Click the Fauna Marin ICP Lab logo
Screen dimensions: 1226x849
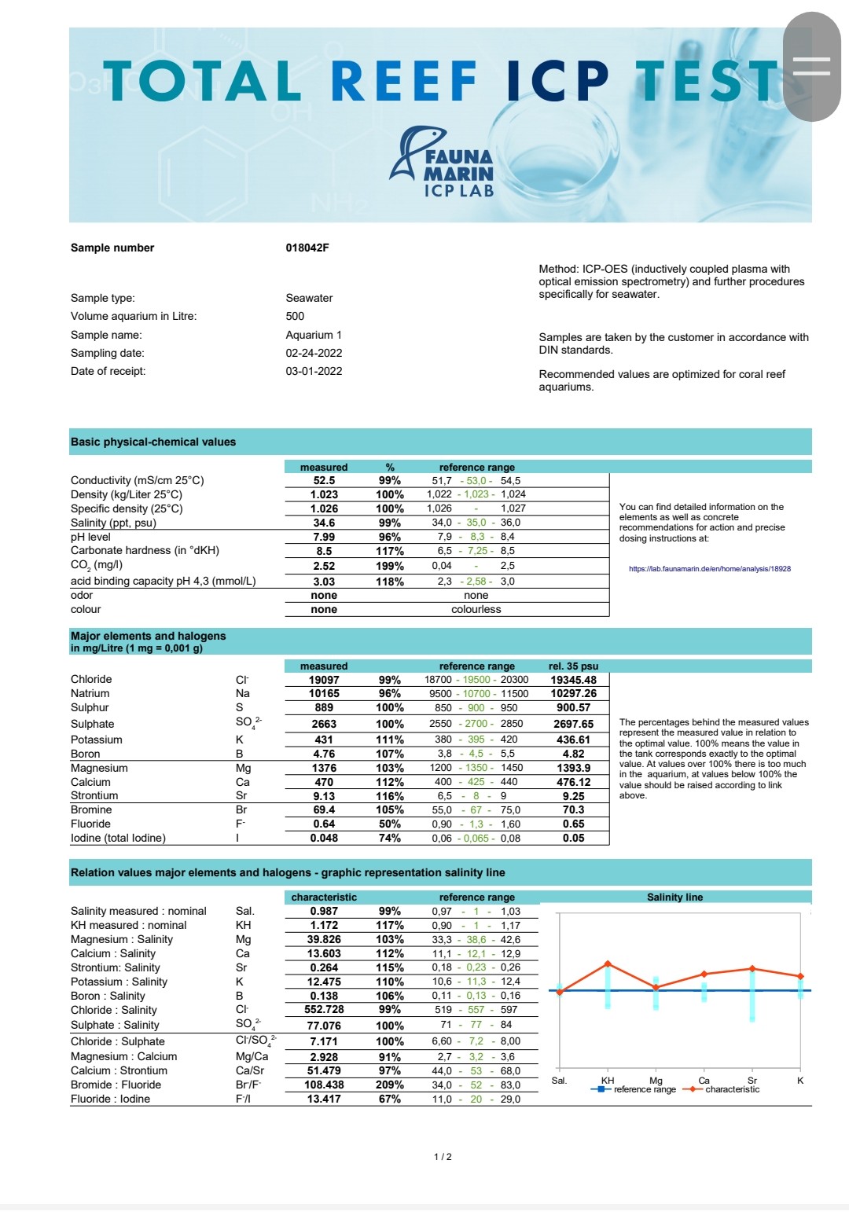point(442,163)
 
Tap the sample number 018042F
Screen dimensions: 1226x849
point(307,248)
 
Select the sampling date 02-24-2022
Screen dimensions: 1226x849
point(314,353)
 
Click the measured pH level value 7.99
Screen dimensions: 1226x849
point(324,537)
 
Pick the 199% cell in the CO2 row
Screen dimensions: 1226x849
point(389,566)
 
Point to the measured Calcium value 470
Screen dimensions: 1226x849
point(324,782)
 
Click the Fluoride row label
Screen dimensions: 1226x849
point(90,824)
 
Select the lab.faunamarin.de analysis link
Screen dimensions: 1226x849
point(709,568)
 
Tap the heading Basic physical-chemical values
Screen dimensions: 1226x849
point(153,442)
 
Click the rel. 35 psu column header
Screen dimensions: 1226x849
point(573,666)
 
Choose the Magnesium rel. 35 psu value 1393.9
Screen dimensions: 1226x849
point(573,768)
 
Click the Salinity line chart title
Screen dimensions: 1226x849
point(674,897)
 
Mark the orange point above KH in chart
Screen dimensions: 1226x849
point(608,964)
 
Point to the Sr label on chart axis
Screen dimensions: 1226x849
point(752,1081)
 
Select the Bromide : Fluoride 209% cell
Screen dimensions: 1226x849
point(389,1085)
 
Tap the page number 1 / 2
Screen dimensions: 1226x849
point(443,1157)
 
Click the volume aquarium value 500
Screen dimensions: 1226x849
point(295,316)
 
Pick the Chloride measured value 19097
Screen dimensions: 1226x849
point(324,680)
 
